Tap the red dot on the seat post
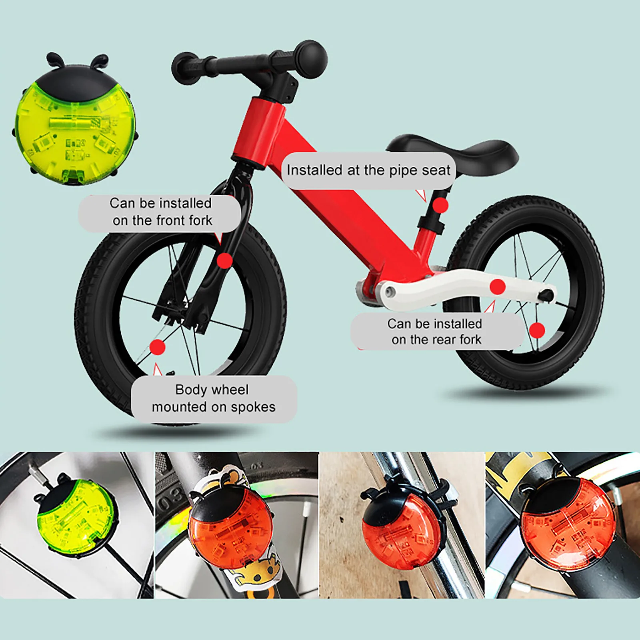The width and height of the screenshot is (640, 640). click(440, 206)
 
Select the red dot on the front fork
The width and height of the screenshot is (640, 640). click(224, 261)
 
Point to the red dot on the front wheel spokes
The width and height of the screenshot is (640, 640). click(157, 347)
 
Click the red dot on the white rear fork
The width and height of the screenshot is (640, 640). click(498, 287)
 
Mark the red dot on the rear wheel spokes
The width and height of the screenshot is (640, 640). click(537, 331)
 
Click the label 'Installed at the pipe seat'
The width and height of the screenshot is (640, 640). click(368, 170)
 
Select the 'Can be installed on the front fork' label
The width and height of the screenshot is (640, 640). click(160, 212)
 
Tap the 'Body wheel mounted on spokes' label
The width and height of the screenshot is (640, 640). click(214, 398)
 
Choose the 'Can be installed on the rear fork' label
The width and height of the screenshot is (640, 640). click(436, 332)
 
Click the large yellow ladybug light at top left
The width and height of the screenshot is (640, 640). click(75, 120)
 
